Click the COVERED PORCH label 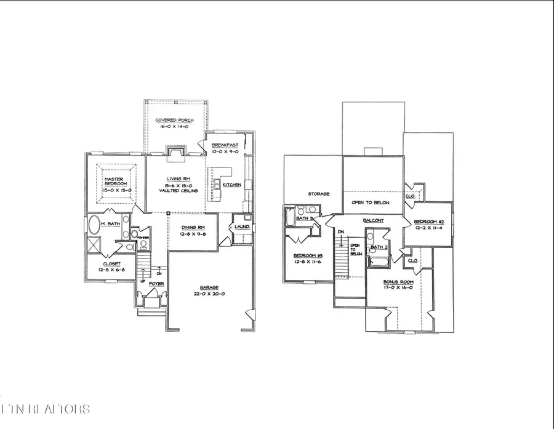tap(175, 121)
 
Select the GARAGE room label tap(210, 286)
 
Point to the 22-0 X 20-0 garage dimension tap(210, 294)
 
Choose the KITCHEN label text tap(231, 185)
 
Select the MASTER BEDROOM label tap(115, 182)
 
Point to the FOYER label tap(148, 284)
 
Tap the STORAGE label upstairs tap(319, 194)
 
